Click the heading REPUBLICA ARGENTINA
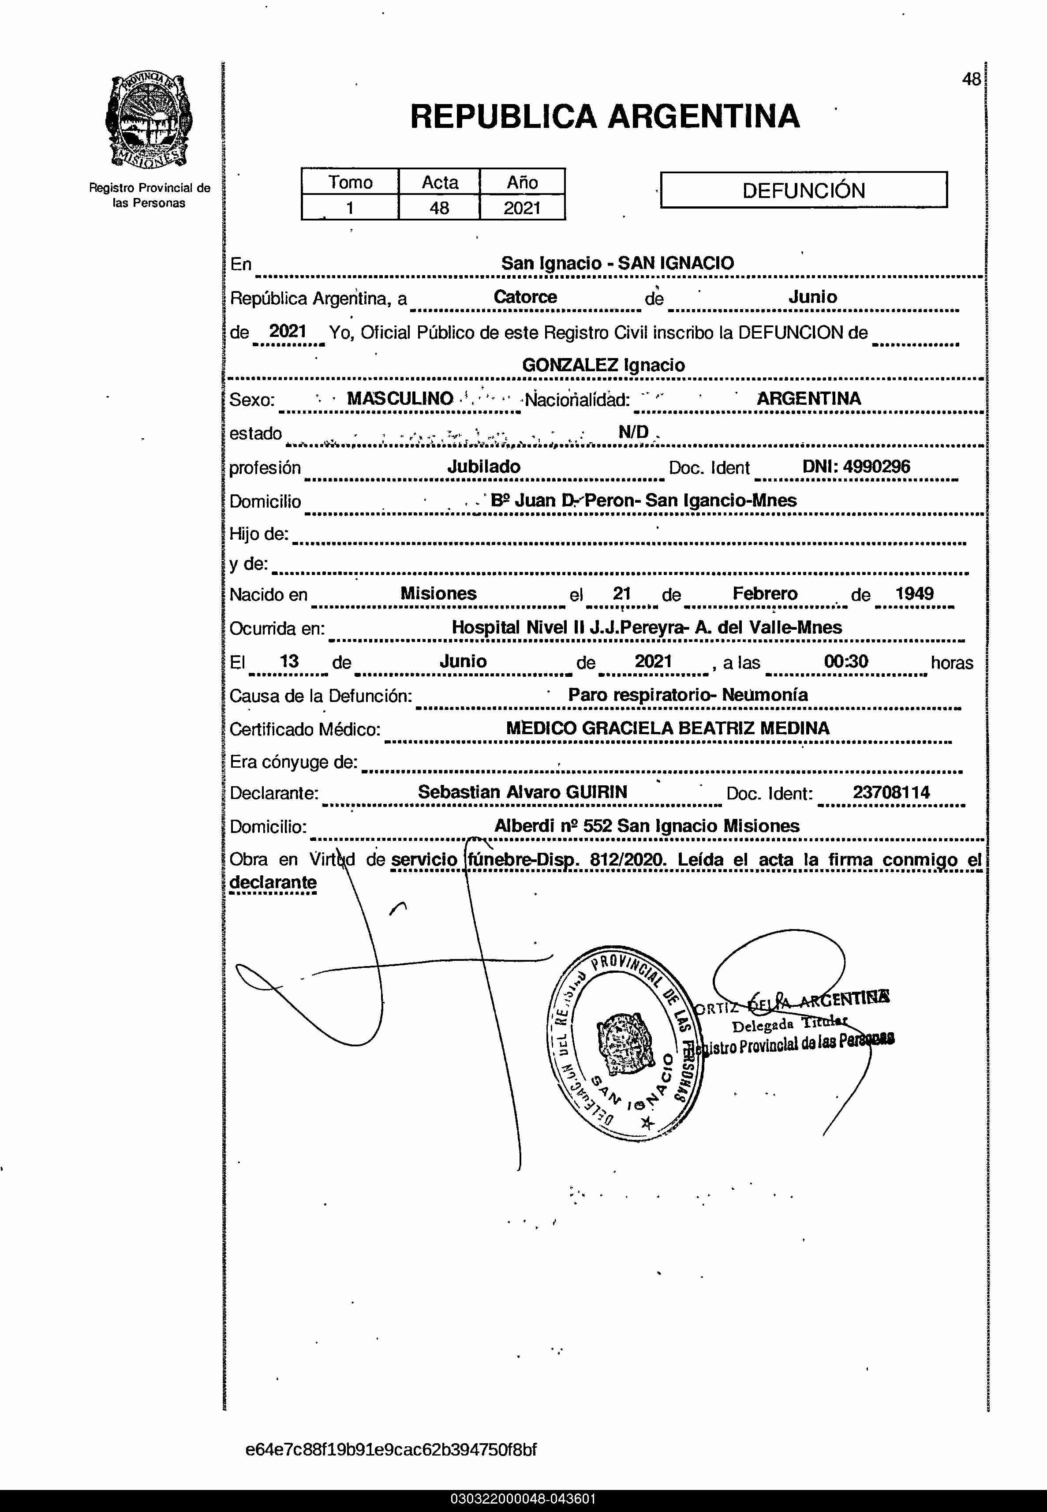(x=604, y=117)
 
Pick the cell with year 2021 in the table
(x=522, y=208)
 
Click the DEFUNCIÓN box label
(x=803, y=190)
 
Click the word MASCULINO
(x=400, y=398)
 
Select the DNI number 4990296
(x=876, y=467)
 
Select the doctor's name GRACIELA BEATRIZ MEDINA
(x=705, y=728)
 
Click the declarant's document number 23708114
(x=891, y=792)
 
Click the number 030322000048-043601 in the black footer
(x=523, y=1499)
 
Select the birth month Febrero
(x=764, y=594)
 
